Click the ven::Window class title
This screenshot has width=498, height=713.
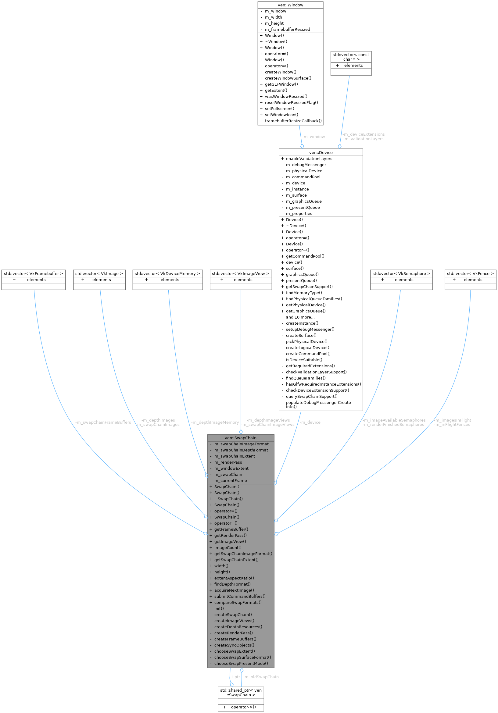click(x=290, y=5)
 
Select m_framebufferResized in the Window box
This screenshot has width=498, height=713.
click(x=287, y=29)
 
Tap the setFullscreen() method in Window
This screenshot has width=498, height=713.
click(x=279, y=109)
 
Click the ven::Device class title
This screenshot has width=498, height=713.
click(x=321, y=152)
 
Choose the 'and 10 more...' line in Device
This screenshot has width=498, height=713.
click(x=300, y=317)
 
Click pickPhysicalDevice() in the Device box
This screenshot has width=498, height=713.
click(x=306, y=341)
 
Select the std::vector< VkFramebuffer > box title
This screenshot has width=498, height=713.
click(x=34, y=273)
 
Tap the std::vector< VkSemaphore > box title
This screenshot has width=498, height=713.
click(x=401, y=273)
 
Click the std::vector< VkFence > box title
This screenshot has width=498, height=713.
click(x=470, y=273)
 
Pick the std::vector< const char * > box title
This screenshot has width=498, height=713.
click(x=351, y=57)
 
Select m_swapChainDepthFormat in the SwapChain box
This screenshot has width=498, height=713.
click(x=241, y=450)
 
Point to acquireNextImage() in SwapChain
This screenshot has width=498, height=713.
click(x=234, y=590)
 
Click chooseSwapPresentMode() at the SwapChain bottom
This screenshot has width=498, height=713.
click(x=241, y=663)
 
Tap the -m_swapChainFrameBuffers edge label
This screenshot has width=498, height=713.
click(x=103, y=422)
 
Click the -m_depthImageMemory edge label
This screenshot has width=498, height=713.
click(x=215, y=422)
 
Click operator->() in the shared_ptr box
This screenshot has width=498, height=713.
click(x=243, y=707)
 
